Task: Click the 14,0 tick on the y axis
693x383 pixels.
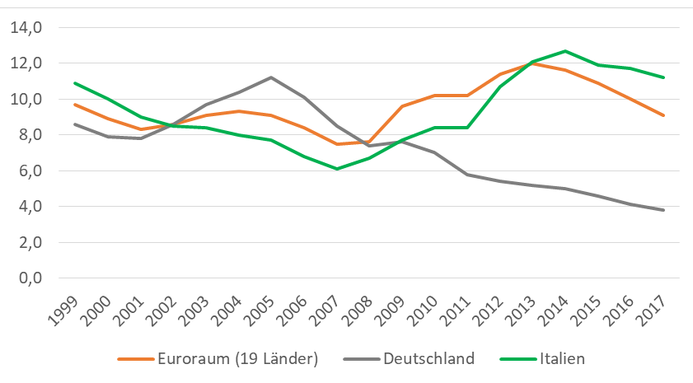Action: [27, 28]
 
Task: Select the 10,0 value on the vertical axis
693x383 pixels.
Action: [27, 100]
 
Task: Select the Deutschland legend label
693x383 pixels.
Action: [428, 358]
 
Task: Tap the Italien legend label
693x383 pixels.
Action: [562, 358]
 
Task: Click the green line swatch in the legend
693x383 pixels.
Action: [517, 359]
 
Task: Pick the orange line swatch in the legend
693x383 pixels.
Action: [136, 359]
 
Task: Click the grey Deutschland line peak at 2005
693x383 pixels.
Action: [271, 77]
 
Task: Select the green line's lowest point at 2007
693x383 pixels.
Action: [336, 169]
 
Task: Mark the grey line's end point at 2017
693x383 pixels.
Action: [664, 210]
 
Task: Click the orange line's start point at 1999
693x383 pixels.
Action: [74, 105]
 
